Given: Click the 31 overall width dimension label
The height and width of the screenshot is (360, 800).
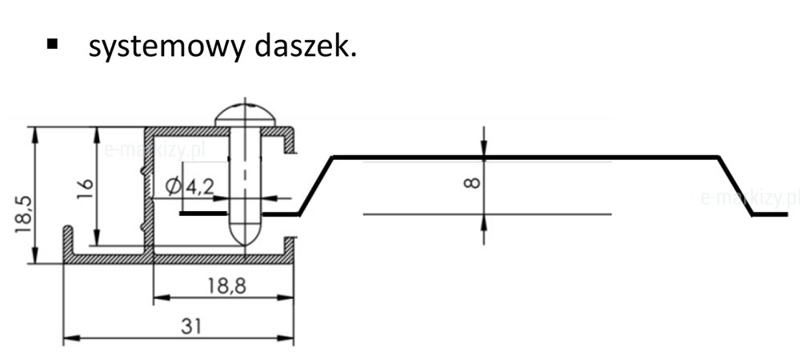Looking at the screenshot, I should (190, 326).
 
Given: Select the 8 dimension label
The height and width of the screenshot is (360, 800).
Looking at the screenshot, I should (472, 184).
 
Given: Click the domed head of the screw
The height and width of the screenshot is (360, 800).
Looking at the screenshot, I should (246, 114).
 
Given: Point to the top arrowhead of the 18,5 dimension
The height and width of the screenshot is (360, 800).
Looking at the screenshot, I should (35, 134).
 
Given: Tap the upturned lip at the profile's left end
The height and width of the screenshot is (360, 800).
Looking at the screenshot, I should (68, 240).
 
